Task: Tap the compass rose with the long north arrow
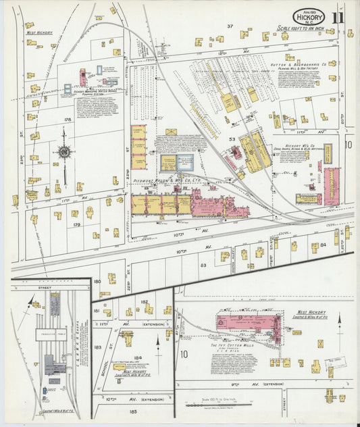point(64,152)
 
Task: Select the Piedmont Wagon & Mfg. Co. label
point(161,181)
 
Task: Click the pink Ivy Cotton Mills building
point(247,322)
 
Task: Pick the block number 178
point(68,120)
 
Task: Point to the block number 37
point(230,26)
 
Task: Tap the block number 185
point(125,410)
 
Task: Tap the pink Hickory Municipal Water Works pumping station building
point(83,78)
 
